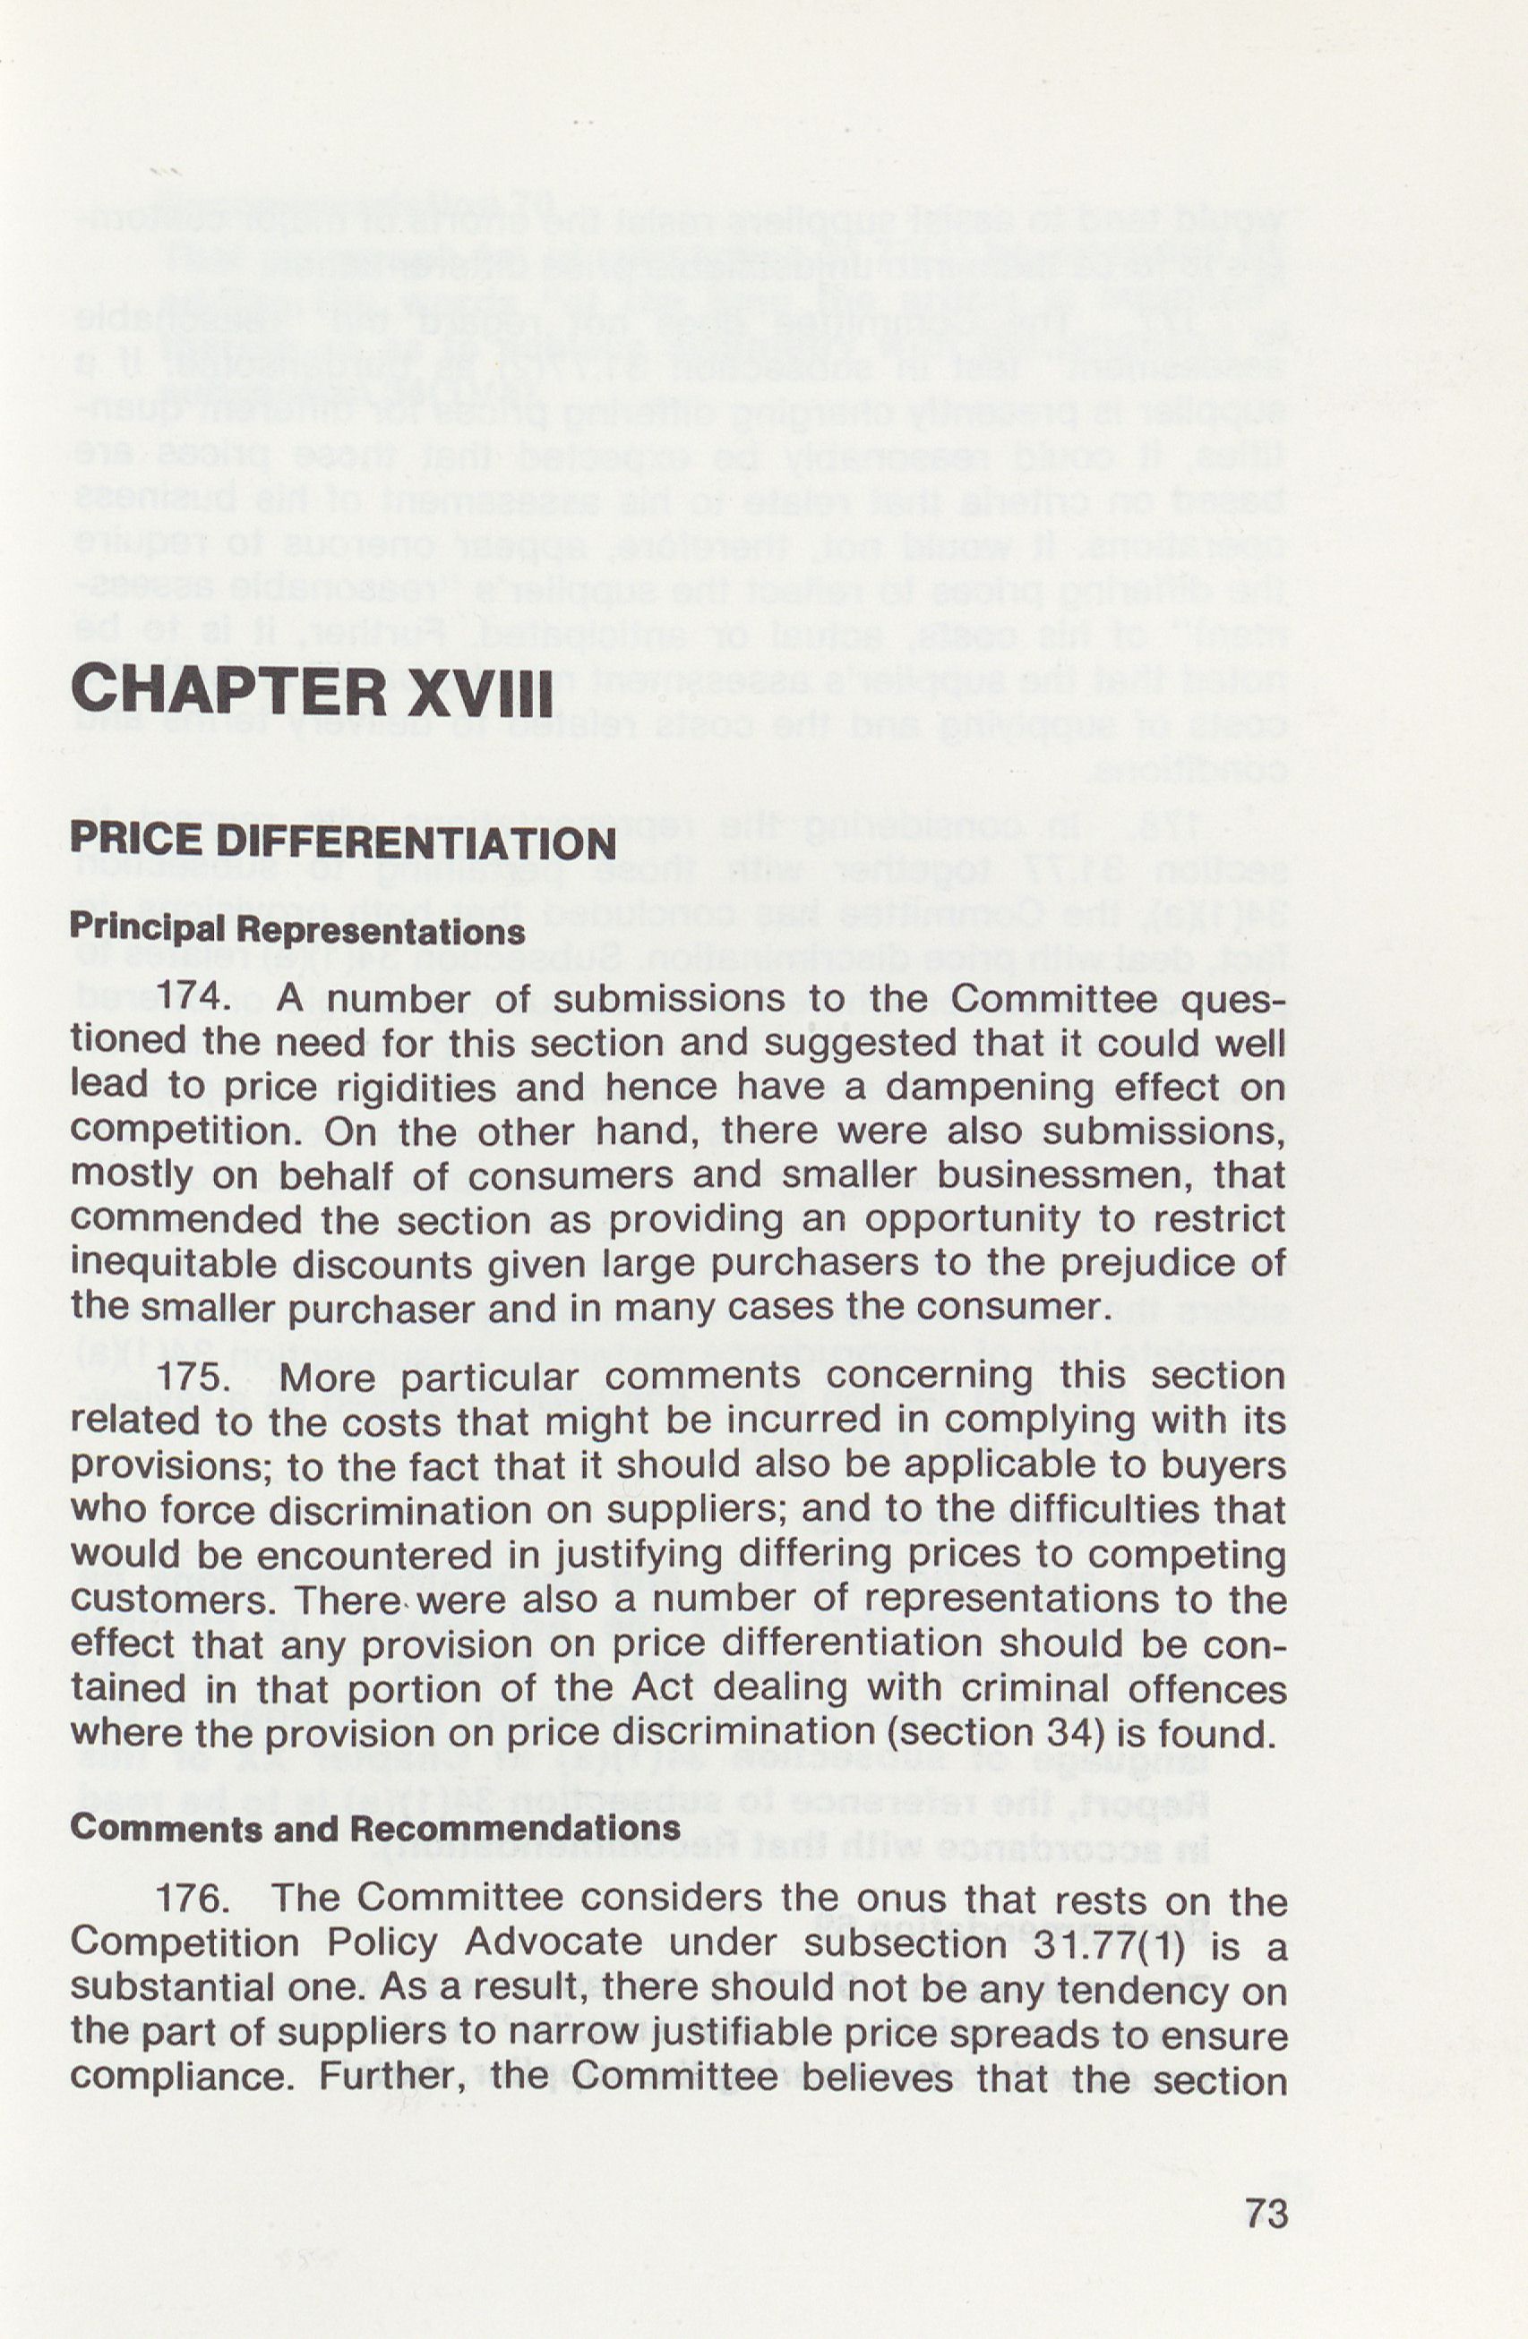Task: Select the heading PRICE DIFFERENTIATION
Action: point(343,843)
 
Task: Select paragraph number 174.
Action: point(193,998)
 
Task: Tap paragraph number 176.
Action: point(193,1898)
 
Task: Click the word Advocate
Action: point(554,1943)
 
